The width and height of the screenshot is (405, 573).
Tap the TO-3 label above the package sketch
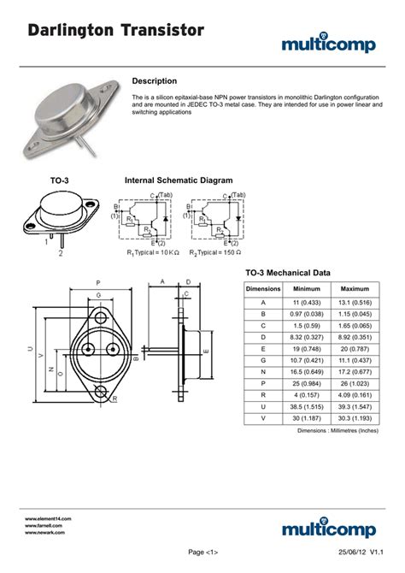pos(59,181)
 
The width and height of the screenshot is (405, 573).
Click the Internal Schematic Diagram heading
pos(179,181)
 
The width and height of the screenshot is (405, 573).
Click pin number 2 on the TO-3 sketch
pos(60,253)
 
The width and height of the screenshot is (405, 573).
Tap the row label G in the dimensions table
pos(263,362)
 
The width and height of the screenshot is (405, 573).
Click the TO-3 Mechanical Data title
pos(288,273)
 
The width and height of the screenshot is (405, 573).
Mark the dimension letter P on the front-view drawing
pos(98,282)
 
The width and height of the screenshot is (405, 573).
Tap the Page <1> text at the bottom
pos(202,552)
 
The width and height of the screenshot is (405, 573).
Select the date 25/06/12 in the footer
pos(340,552)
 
